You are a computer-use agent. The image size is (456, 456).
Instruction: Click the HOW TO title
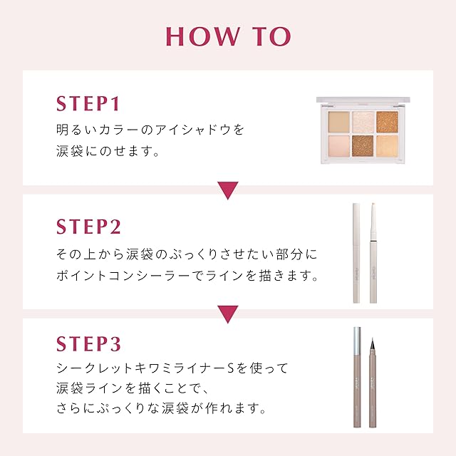[228, 36]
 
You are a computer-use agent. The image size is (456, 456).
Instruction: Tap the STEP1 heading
[88, 103]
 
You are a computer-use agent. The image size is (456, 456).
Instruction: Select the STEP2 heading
[88, 227]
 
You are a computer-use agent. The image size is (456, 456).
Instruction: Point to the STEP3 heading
[88, 343]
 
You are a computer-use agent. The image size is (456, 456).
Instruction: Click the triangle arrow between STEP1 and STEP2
[228, 190]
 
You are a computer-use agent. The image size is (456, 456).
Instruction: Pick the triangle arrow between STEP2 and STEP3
[228, 314]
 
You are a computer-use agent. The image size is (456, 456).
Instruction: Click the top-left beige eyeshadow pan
[339, 122]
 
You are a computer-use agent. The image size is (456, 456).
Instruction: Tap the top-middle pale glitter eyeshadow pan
[363, 122]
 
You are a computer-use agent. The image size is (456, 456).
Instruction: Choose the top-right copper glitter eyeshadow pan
[387, 122]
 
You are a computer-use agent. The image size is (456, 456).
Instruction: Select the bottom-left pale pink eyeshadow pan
[339, 146]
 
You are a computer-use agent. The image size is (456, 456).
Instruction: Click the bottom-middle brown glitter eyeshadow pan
[363, 146]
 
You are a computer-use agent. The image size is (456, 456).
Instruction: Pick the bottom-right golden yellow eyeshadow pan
[387, 146]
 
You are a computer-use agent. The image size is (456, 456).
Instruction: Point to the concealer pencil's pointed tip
[373, 204]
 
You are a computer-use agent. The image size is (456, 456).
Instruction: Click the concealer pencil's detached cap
[356, 253]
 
